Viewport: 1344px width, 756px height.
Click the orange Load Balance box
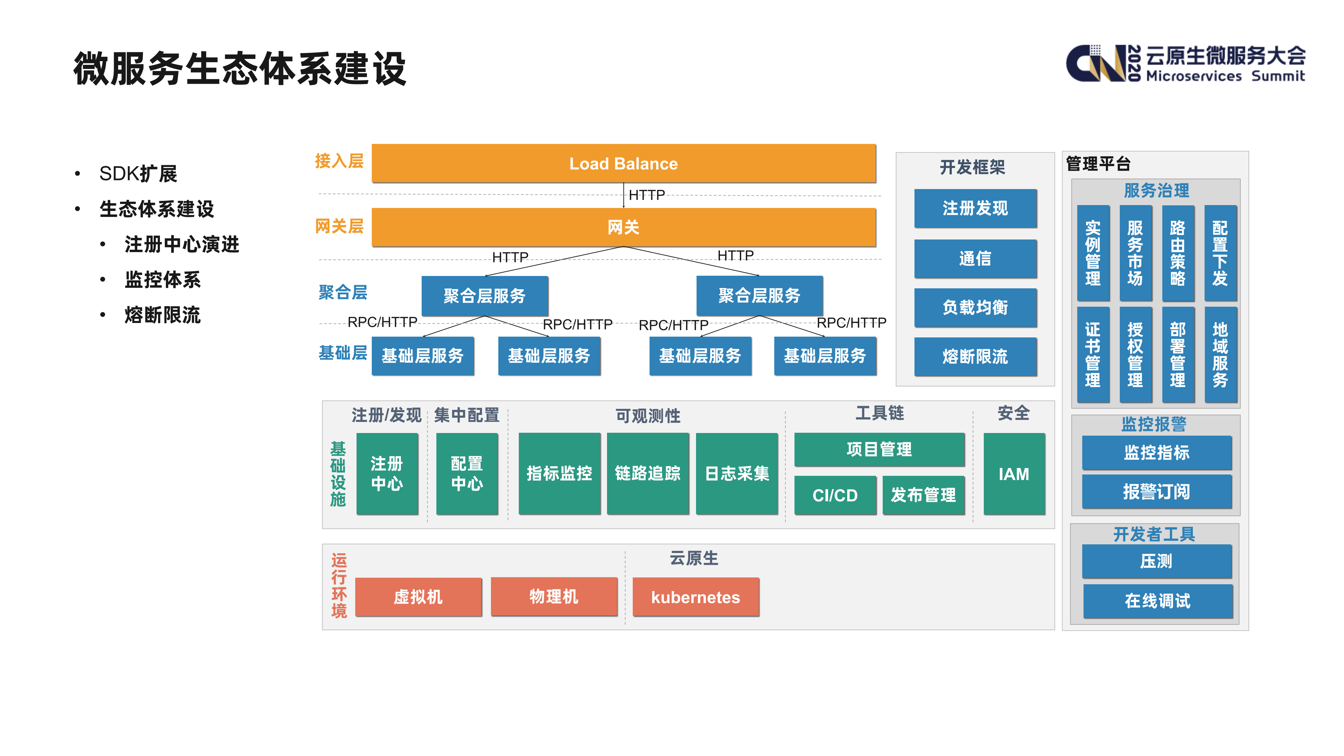tap(624, 163)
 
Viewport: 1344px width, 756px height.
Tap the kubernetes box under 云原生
tap(695, 597)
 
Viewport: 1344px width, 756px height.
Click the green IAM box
tap(1014, 474)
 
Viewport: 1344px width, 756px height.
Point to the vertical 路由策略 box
tap(1178, 253)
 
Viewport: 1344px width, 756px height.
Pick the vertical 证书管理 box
tap(1093, 355)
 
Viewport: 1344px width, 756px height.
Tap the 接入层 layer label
tap(339, 161)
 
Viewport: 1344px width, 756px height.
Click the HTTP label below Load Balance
tap(646, 195)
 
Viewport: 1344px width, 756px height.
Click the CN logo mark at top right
tap(1096, 64)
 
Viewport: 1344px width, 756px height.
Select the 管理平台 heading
tap(1098, 164)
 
